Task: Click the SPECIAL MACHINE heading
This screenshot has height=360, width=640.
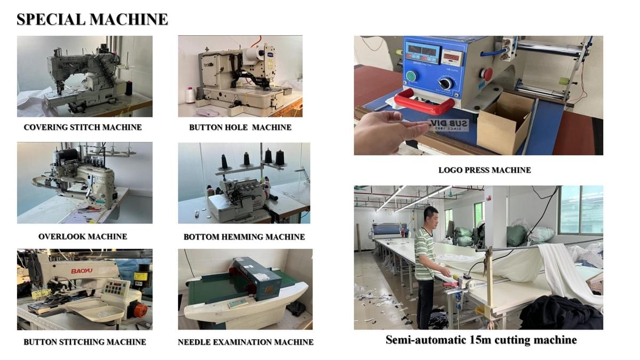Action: click(92, 19)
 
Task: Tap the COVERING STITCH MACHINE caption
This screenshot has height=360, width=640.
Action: click(83, 127)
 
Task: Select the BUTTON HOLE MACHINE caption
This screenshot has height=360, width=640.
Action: click(241, 127)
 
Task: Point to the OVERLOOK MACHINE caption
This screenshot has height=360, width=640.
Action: click(83, 237)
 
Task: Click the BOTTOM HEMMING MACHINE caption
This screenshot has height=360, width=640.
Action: click(244, 237)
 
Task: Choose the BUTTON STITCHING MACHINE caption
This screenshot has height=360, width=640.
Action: click(85, 342)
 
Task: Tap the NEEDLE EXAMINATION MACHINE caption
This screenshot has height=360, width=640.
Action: click(246, 342)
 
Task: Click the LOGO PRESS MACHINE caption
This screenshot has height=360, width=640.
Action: click(485, 170)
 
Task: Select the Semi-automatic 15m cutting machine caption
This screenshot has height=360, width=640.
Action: click(481, 340)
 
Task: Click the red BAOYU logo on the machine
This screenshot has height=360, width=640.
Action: click(82, 270)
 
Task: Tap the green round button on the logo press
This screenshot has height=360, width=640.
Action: click(412, 76)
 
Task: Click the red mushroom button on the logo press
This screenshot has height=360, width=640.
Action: click(486, 74)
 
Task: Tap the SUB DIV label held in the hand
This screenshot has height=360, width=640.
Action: click(449, 125)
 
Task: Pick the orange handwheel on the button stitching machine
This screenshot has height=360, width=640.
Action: click(140, 310)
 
